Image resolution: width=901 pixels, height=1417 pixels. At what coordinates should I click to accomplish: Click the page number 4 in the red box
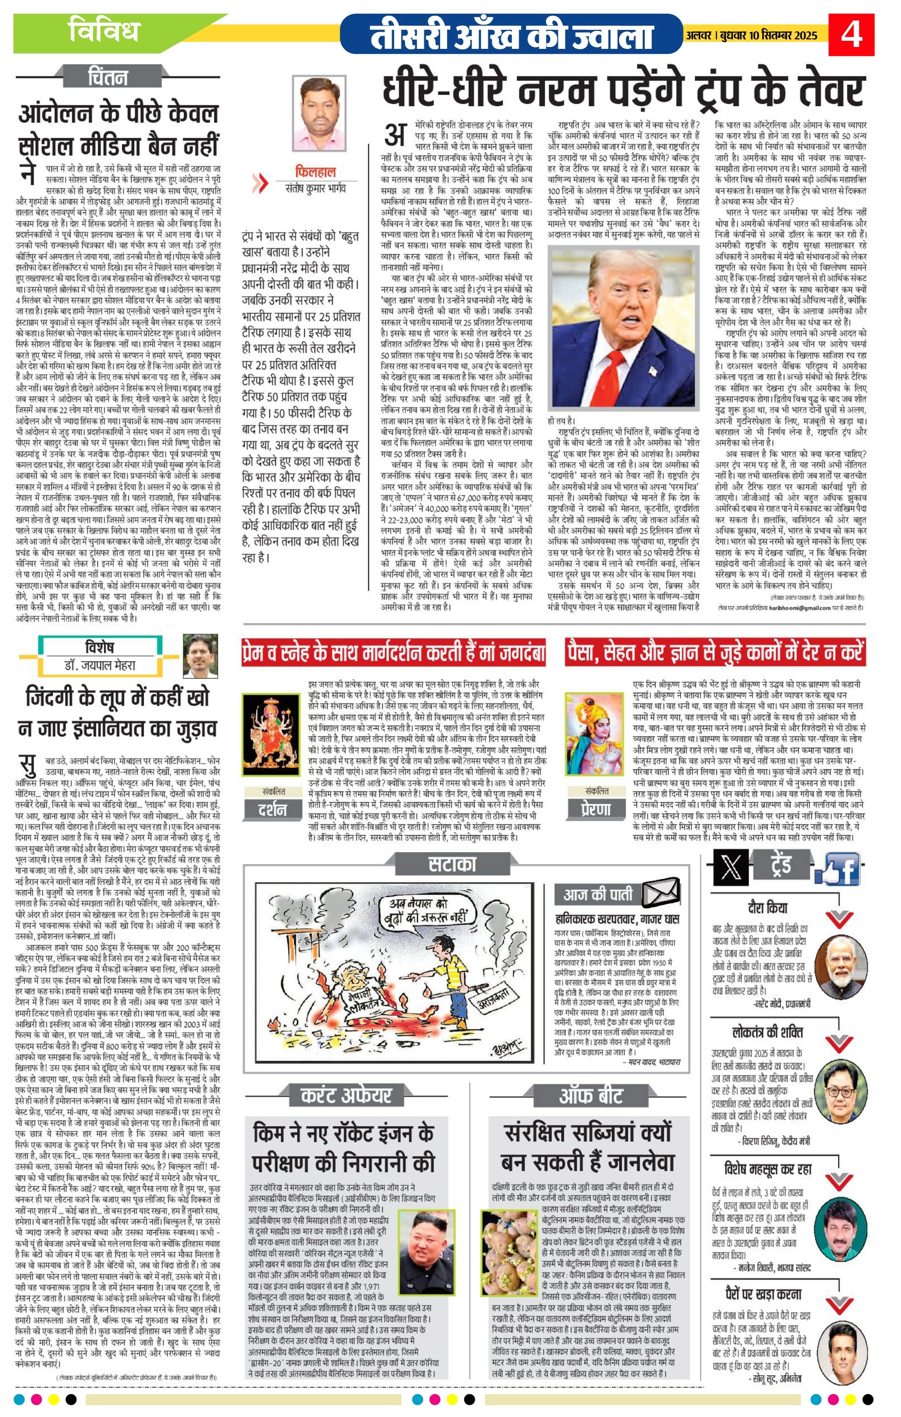(x=851, y=34)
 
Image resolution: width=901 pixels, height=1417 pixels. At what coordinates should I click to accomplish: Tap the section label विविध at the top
(x=104, y=30)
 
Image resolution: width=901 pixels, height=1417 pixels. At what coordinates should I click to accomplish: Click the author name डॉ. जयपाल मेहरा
(x=100, y=665)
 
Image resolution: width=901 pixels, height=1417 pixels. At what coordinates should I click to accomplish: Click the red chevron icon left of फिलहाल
(x=260, y=184)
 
